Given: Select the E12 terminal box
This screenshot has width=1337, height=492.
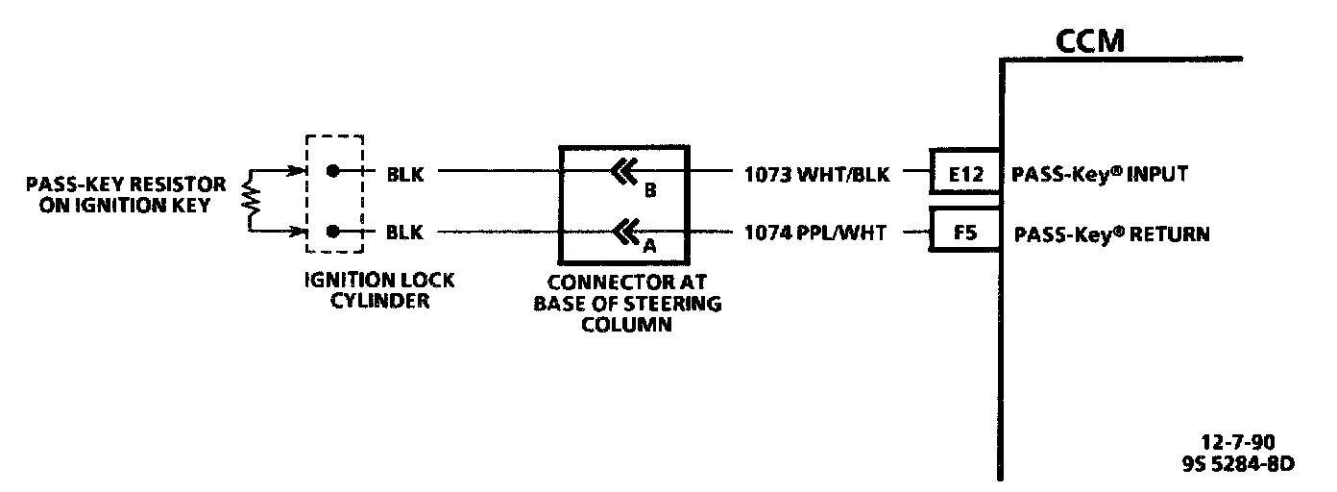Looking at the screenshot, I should (964, 174).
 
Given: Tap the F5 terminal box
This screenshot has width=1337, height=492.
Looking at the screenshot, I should (964, 233).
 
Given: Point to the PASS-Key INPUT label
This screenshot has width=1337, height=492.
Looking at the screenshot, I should (1100, 174).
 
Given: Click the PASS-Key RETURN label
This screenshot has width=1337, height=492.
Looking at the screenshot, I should (1111, 233).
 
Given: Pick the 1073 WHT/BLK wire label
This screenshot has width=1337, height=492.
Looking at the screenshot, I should (816, 174).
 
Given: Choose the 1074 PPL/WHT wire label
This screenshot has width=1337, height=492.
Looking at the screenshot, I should (814, 233).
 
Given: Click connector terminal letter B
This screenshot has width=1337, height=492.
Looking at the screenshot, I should (650, 190).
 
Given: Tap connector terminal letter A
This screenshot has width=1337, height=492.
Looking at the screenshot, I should (649, 246).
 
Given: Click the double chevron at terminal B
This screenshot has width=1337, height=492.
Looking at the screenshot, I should (623, 173).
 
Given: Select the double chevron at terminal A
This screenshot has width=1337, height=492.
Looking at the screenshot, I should (623, 231).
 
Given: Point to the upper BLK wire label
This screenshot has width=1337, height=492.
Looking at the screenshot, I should (404, 174).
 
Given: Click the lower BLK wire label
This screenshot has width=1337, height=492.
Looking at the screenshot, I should (404, 233).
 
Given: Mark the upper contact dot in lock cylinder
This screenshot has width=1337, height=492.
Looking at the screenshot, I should (332, 172).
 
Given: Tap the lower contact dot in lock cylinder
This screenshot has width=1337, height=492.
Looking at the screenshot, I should (332, 232).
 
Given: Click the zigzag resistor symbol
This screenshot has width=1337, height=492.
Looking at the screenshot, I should (253, 201).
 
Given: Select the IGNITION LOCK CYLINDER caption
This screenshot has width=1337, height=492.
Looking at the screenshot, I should (380, 290).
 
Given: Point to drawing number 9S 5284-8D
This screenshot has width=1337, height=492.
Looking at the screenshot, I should (1237, 464).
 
